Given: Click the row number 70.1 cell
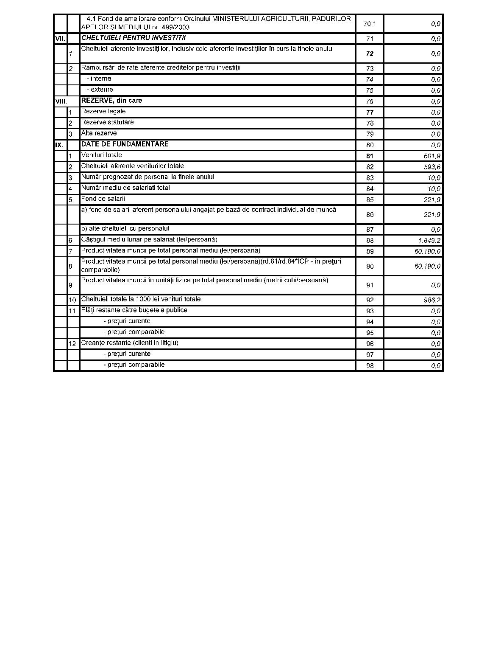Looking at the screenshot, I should pos(370,24).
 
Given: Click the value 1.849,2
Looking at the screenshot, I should pos(429,241).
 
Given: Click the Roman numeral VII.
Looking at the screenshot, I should pos(60,39).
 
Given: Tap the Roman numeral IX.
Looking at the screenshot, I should pos(59,145).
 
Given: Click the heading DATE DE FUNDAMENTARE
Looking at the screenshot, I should pos(125,144).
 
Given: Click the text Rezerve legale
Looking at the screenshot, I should pos(103,112).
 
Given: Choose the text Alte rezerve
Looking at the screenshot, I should pos(99,133).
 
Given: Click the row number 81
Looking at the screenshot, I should pos(370,156).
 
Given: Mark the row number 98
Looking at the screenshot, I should pos(370,366).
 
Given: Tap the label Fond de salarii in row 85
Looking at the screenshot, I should pos(103,199).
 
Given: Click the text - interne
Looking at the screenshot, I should pos(99,79).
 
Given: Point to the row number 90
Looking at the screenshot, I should pos(370,267).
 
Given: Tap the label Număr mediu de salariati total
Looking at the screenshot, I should pos(125,188).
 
